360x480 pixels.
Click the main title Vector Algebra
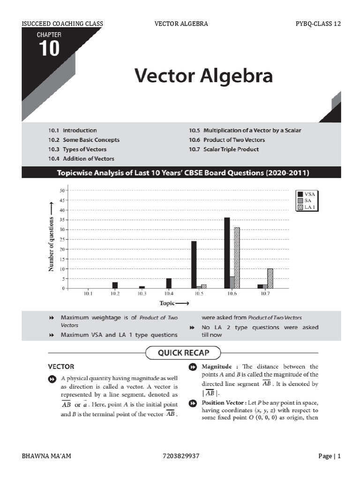[x=203, y=75]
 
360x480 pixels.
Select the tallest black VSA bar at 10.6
[x=227, y=253]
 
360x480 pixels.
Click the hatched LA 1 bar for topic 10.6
[x=237, y=258]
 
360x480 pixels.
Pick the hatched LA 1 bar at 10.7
[x=270, y=278]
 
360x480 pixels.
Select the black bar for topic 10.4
[x=169, y=283]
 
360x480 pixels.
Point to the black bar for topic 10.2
[x=115, y=285]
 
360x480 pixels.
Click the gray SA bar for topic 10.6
[x=232, y=282]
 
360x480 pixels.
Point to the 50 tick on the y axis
[x=62, y=191]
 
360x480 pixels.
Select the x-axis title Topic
[x=174, y=303]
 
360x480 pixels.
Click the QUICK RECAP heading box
[x=183, y=352]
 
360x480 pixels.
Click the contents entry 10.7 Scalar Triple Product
[x=224, y=150]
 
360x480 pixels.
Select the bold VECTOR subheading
[x=61, y=366]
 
